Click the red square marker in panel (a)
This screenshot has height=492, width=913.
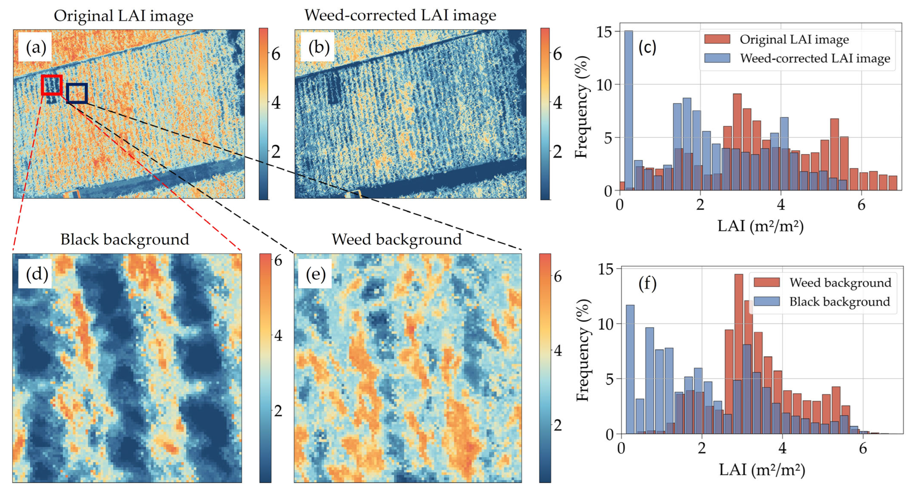pos(52,85)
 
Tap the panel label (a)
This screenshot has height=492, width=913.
pos(35,47)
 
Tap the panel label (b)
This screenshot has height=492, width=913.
pos(318,47)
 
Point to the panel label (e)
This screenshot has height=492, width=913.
pos(315,274)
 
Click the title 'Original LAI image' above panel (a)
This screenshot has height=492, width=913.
pos(123,16)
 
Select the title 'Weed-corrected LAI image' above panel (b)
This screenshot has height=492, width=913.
pos(400,15)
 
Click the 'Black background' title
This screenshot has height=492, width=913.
pos(124,240)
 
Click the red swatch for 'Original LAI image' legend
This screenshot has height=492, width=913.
pos(717,39)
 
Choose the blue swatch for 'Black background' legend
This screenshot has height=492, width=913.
pos(766,301)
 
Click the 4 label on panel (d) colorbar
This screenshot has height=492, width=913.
pos(278,335)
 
